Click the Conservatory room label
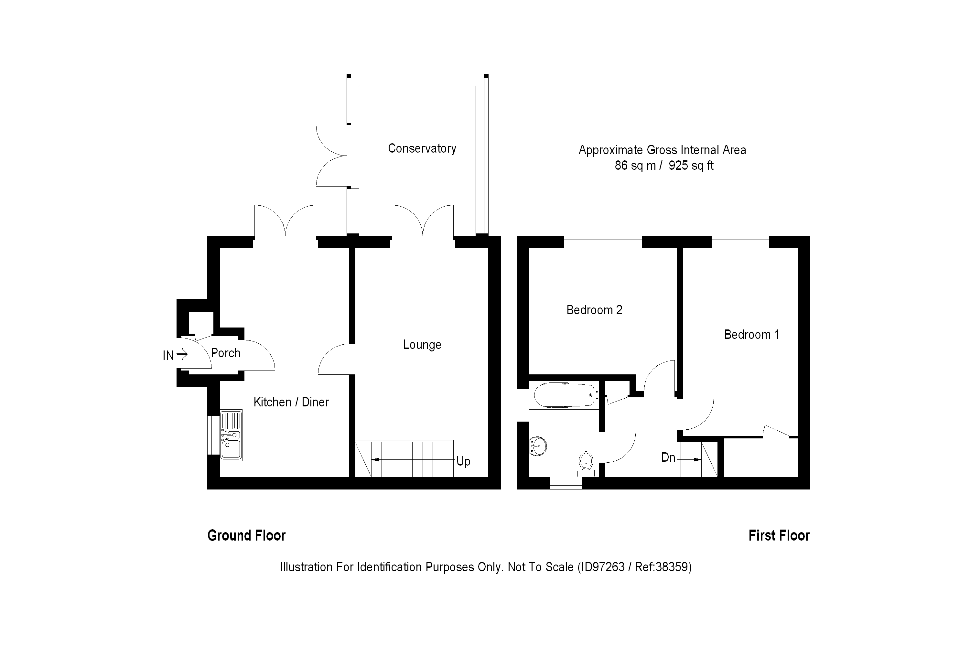[422, 148]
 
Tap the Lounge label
[422, 344]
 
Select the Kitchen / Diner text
[291, 402]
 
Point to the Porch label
[225, 353]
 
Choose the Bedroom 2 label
[594, 310]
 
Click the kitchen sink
[231, 435]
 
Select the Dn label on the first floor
[668, 457]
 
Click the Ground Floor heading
[246, 536]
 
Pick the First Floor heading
[779, 536]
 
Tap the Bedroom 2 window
[602, 242]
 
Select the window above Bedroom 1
[740, 242]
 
